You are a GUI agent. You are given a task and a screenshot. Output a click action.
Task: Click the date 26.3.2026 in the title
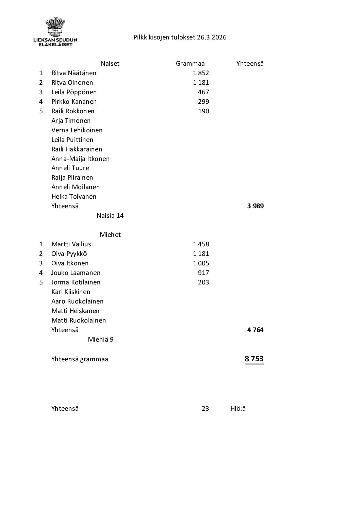pyautogui.click(x=211, y=37)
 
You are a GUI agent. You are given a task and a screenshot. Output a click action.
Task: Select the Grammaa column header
pyautogui.click(x=190, y=64)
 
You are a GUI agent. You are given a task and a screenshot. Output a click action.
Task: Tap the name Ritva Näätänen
pyautogui.click(x=74, y=73)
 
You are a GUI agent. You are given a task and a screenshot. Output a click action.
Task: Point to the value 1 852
pyautogui.click(x=201, y=73)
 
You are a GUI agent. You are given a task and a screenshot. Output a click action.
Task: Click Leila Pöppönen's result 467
pyautogui.click(x=203, y=92)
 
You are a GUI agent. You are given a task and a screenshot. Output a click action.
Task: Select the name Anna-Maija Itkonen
pyautogui.click(x=80, y=159)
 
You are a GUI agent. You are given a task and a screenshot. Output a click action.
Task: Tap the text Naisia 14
pyautogui.click(x=110, y=216)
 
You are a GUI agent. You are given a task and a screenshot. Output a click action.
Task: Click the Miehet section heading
pyautogui.click(x=110, y=235)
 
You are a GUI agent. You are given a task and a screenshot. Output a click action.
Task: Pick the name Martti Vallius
pyautogui.click(x=71, y=244)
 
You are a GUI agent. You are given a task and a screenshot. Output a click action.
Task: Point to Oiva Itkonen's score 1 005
pyautogui.click(x=201, y=263)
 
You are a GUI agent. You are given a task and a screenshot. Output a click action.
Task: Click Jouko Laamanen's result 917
pyautogui.click(x=203, y=273)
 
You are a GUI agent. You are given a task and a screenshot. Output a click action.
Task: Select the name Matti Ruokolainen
pyautogui.click(x=79, y=321)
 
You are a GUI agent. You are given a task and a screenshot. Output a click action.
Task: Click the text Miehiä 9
pyautogui.click(x=100, y=340)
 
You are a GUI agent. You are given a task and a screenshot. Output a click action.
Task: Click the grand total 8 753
pyautogui.click(x=254, y=359)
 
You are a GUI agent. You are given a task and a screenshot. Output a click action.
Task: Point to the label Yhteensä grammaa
pyautogui.click(x=80, y=359)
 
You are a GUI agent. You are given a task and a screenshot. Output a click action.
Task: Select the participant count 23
pyautogui.click(x=205, y=409)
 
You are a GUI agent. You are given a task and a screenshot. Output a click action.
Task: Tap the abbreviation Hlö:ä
pyautogui.click(x=238, y=409)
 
